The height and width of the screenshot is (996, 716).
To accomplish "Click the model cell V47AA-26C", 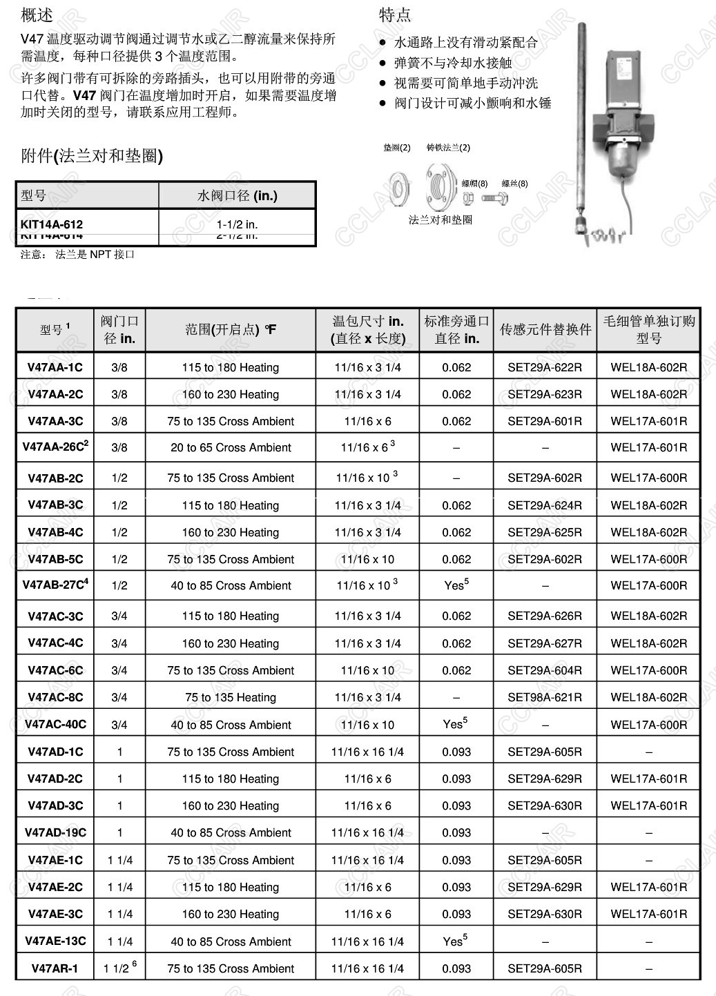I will tap(55, 447).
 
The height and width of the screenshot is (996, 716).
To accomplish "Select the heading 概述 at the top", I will tap(37, 14).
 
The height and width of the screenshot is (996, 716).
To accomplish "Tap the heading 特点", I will tap(395, 14).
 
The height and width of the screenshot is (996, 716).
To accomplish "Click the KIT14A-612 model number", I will tap(52, 224).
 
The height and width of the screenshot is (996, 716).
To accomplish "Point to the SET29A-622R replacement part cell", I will tap(545, 367).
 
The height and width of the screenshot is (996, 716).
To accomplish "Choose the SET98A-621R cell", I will tap(545, 697).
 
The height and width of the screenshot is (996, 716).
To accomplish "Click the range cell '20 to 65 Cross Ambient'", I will tap(231, 447).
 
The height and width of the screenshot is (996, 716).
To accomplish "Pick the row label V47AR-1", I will tap(55, 968).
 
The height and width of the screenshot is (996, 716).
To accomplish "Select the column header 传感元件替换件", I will tap(545, 329).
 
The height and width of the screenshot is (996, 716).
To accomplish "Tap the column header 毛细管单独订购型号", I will tap(649, 329).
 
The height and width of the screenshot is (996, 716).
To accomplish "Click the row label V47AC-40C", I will tap(55, 724).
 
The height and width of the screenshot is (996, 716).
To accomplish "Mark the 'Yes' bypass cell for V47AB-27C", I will tap(456, 585).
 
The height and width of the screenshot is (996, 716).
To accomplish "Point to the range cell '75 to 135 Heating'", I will tap(231, 697).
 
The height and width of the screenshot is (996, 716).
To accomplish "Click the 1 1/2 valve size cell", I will tap(119, 968).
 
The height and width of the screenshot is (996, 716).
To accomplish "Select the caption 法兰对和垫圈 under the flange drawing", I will tap(441, 219).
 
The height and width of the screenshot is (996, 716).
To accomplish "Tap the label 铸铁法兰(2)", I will tap(448, 148).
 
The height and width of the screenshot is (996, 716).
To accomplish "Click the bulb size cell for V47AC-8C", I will tap(367, 697).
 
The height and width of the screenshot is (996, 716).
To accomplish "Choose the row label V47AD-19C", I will tap(55, 832).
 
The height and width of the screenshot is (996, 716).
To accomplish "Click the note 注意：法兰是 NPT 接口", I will tap(77, 254).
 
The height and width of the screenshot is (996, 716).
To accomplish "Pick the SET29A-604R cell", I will tap(545, 670).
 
